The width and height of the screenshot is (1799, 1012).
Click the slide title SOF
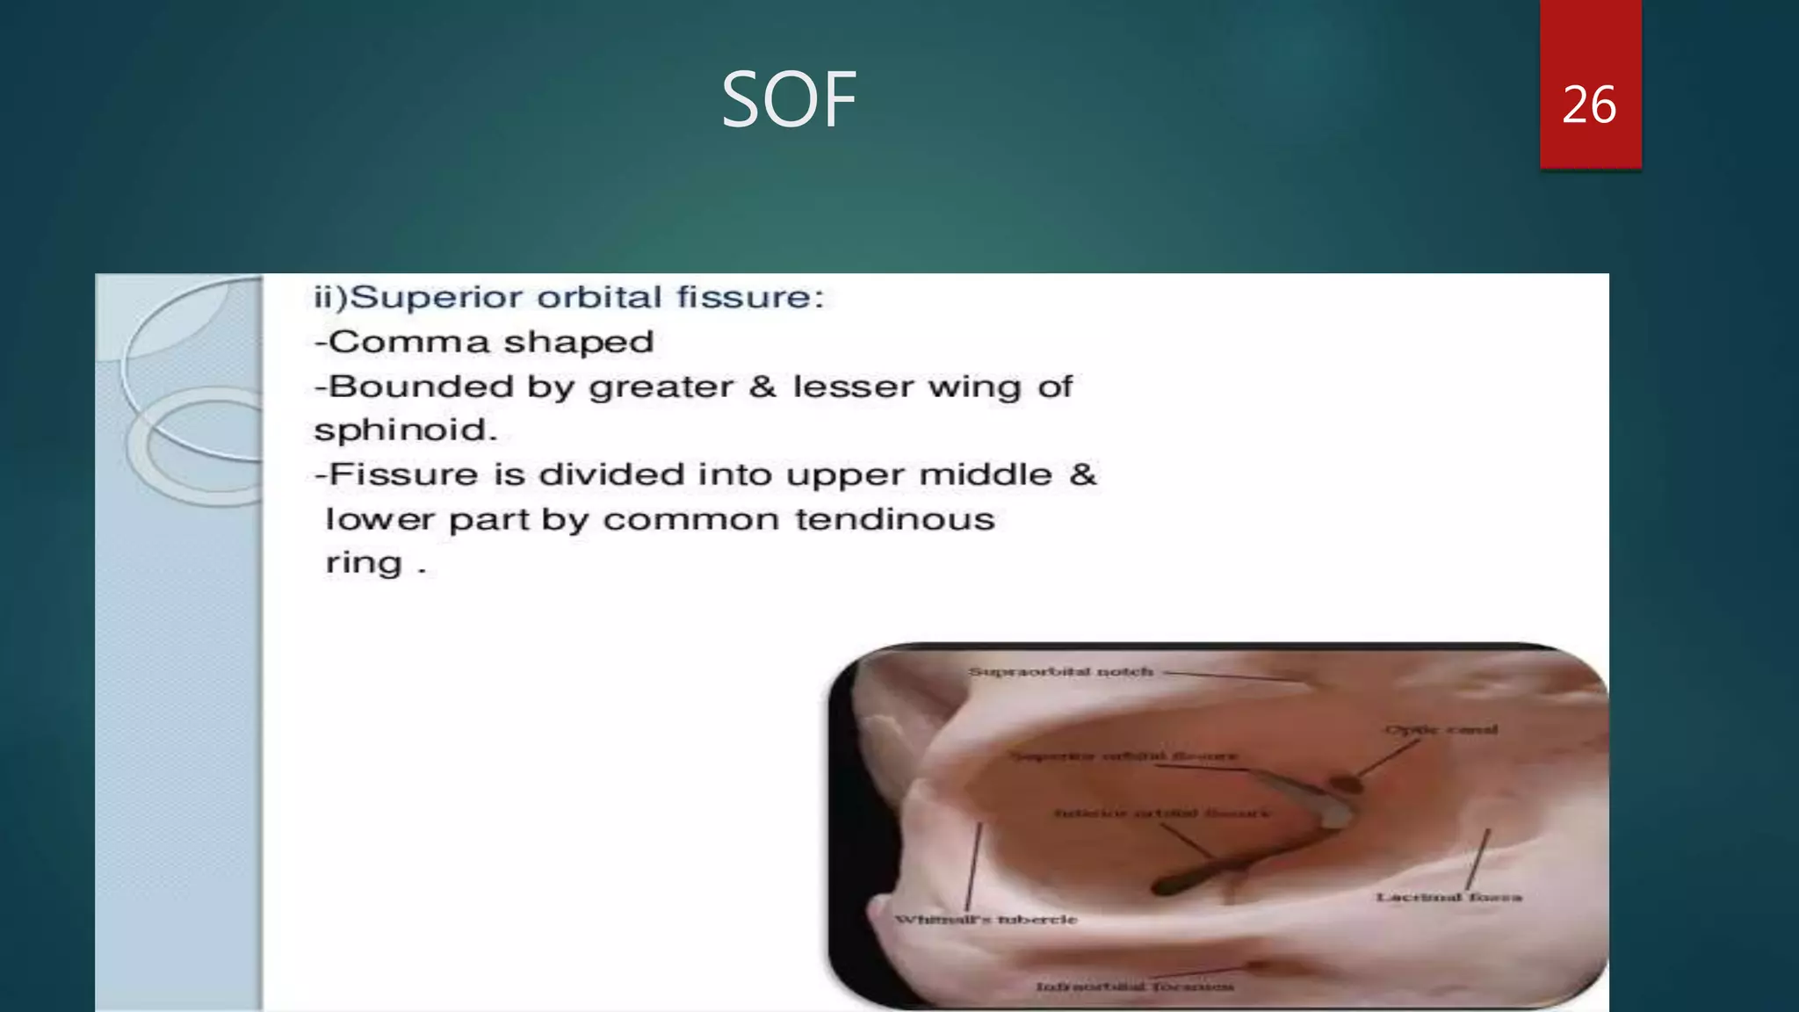click(788, 100)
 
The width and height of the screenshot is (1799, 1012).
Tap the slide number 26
click(1589, 105)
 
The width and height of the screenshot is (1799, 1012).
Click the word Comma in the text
click(409, 342)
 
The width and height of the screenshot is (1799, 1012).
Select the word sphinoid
click(405, 430)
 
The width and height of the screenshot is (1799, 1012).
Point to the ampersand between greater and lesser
click(762, 387)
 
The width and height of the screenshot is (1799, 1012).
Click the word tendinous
click(894, 519)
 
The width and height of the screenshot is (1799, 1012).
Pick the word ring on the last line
click(364, 563)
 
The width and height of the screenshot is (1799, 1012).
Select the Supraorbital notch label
click(1060, 672)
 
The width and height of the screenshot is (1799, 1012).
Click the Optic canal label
click(1441, 729)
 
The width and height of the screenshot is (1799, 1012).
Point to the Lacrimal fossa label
click(1449, 897)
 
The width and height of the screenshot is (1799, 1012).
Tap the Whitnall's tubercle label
click(986, 920)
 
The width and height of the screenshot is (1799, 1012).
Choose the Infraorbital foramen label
click(1134, 987)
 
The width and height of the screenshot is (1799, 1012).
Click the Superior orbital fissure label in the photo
click(1123, 755)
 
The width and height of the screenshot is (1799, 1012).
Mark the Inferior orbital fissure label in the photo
click(1161, 813)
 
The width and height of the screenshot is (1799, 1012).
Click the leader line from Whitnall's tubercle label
click(973, 865)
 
